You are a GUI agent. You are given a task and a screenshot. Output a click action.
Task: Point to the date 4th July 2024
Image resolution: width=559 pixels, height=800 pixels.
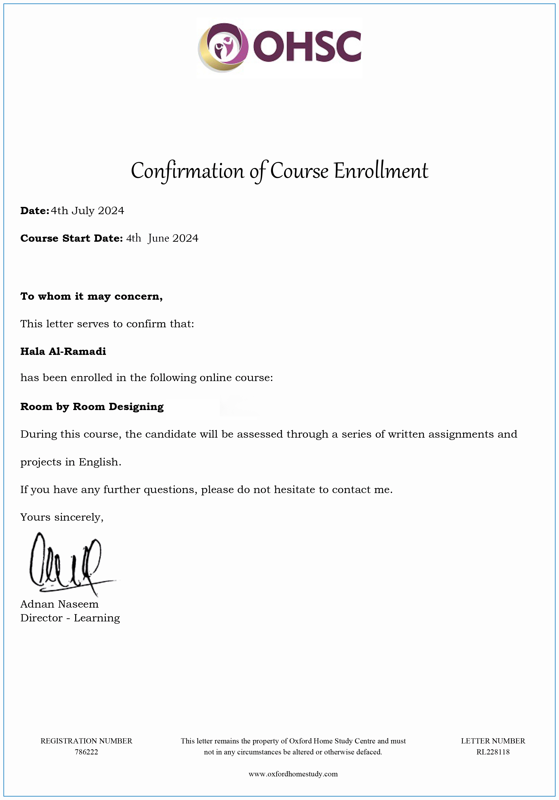point(87,211)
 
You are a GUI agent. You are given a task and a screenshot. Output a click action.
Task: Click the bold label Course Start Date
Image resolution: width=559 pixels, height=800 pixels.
point(71,238)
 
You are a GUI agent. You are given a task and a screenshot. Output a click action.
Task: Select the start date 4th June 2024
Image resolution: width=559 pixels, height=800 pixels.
point(162,238)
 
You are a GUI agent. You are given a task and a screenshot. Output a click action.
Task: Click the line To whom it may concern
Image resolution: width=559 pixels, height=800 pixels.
point(92,296)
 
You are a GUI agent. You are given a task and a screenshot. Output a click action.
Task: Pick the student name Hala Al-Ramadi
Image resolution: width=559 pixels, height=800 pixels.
point(63,351)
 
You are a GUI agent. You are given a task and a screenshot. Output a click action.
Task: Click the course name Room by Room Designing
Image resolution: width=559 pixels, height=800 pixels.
point(92,407)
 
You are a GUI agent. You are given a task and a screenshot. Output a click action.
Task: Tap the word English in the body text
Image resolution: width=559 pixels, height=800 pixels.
point(99,462)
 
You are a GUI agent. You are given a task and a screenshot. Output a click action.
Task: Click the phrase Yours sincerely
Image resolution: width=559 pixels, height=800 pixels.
point(62,517)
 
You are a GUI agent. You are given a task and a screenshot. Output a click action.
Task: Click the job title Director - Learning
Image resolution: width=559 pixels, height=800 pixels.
point(70,618)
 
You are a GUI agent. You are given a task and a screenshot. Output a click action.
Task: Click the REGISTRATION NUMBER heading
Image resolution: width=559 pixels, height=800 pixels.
point(86,741)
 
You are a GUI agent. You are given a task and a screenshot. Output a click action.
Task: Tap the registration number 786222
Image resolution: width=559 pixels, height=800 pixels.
point(86,752)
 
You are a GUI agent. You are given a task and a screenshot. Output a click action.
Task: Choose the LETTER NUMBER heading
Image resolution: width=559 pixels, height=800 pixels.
point(493,741)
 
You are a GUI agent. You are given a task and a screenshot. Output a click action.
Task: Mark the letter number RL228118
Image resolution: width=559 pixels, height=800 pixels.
point(493,752)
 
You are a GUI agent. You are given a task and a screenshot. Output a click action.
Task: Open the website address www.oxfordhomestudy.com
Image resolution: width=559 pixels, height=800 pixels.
point(293,774)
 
